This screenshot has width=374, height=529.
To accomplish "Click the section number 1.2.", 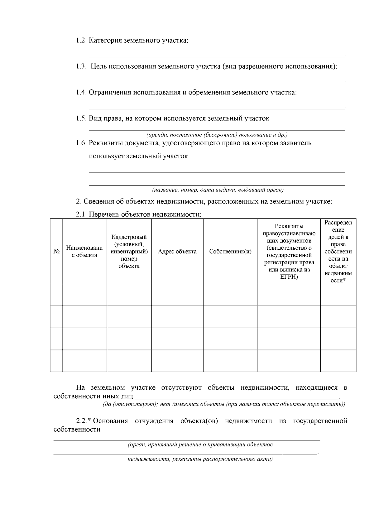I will click(x=81, y=41).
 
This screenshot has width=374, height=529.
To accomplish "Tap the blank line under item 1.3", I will click(x=217, y=82).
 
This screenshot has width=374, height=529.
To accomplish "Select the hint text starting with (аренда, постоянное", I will click(x=217, y=135).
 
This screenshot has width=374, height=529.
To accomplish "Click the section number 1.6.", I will click(x=81, y=143).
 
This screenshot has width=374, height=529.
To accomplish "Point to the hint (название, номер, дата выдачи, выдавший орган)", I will click(x=218, y=190).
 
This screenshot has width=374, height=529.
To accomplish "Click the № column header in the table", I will click(x=56, y=252).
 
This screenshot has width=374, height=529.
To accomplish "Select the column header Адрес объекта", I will click(x=177, y=252).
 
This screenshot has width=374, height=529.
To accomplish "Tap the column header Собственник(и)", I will click(x=230, y=252).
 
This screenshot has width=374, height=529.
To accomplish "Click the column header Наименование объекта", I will click(x=84, y=252).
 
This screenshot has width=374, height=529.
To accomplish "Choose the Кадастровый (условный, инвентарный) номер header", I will click(x=129, y=252).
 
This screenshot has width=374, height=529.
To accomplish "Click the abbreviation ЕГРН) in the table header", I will click(x=289, y=277).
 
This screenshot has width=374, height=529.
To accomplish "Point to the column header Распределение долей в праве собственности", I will click(x=338, y=252).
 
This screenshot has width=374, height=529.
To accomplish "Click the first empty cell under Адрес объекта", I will click(x=177, y=295).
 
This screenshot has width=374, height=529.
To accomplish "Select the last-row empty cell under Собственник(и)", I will click(x=230, y=361).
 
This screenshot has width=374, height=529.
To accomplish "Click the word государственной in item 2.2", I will click(x=320, y=421).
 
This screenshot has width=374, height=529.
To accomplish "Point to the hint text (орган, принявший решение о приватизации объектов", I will click(x=200, y=445).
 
